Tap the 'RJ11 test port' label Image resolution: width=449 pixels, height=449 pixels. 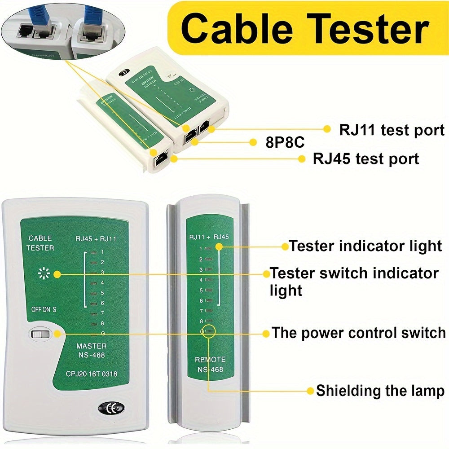tap(392, 130)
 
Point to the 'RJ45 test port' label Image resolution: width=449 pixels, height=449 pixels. tap(366, 158)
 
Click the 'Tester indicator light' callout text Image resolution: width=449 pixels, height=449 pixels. tap(365, 246)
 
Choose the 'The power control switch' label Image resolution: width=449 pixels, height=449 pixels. tap(359, 333)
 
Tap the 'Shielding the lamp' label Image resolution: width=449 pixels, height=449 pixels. tap(380, 390)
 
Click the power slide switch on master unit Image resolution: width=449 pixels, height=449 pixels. tap(41, 334)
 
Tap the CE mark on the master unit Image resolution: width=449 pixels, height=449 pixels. tap(110, 409)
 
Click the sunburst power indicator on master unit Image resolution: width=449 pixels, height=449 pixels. tap(44, 273)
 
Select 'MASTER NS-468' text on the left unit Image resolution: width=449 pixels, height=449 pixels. tap(91, 351)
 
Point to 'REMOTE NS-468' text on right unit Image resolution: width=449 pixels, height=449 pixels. tap(210, 365)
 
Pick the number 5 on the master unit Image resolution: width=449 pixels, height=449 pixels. tap(102, 293)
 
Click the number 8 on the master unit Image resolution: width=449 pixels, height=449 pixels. tap(102, 323)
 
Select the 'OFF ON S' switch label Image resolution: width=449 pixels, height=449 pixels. tap(44, 309)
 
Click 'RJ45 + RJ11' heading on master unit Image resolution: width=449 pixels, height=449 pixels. tap(97, 239)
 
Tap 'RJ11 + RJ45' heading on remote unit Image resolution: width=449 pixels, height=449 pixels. tap(209, 237)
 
